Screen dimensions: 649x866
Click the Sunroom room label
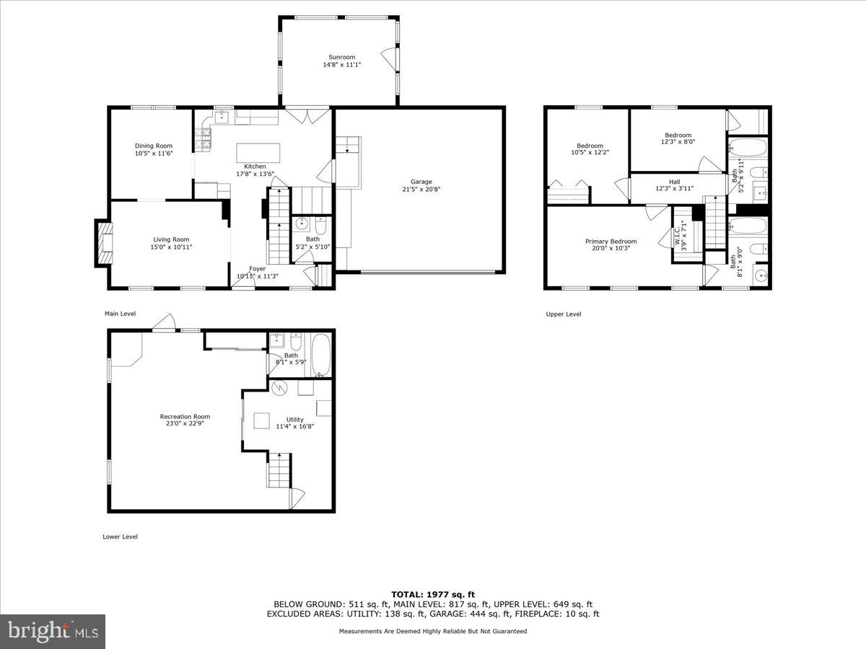click(341, 57)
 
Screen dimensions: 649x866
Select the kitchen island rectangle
click(258, 153)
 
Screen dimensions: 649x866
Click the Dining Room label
click(153, 146)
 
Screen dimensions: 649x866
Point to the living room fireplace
click(104, 242)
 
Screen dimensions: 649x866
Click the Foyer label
click(258, 268)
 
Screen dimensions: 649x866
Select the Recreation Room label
click(185, 416)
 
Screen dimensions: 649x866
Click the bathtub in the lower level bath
click(320, 354)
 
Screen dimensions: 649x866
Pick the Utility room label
click(294, 419)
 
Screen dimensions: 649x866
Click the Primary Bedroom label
click(611, 242)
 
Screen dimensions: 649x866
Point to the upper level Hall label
click(674, 182)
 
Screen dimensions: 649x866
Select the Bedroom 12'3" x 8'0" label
click(678, 135)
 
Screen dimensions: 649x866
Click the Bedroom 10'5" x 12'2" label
click(590, 146)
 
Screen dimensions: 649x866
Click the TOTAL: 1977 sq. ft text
click(433, 594)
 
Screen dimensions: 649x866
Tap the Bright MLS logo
click(53, 631)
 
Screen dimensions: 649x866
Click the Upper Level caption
click(563, 314)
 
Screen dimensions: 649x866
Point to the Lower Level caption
click(120, 537)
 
